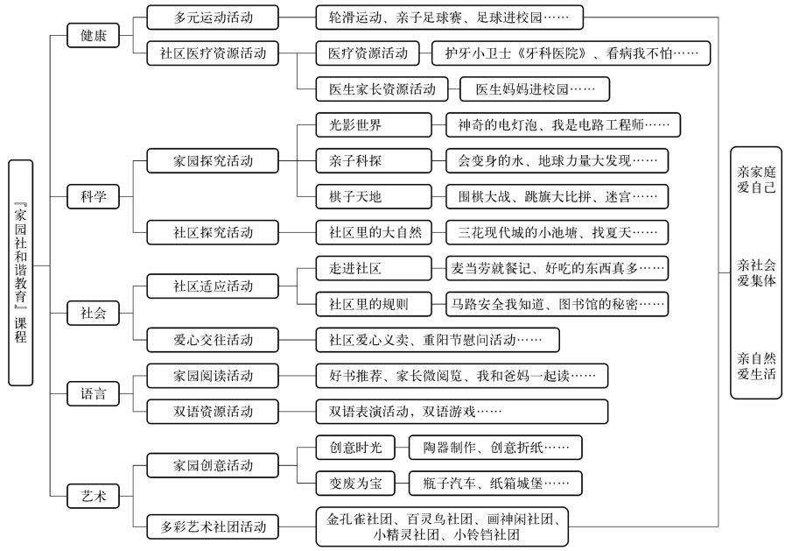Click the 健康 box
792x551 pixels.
pyautogui.click(x=94, y=36)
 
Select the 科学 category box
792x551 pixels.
pyautogui.click(x=94, y=197)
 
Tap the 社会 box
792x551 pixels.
pyautogui.click(x=94, y=313)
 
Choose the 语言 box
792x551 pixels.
pyautogui.click(x=94, y=393)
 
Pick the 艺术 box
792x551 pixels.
pyautogui.click(x=94, y=496)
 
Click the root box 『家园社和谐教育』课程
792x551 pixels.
pyautogui.click(x=21, y=272)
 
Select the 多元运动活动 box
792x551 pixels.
pyautogui.click(x=213, y=18)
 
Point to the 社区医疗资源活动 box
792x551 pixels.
pyautogui.click(x=213, y=53)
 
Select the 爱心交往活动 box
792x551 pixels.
pyautogui.click(x=213, y=340)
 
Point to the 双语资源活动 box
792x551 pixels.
pyautogui.click(x=213, y=412)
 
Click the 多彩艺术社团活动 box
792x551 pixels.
pyautogui.click(x=213, y=526)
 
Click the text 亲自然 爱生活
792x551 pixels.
pyautogui.click(x=756, y=366)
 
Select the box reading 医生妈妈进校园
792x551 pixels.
pyautogui.click(x=535, y=89)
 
